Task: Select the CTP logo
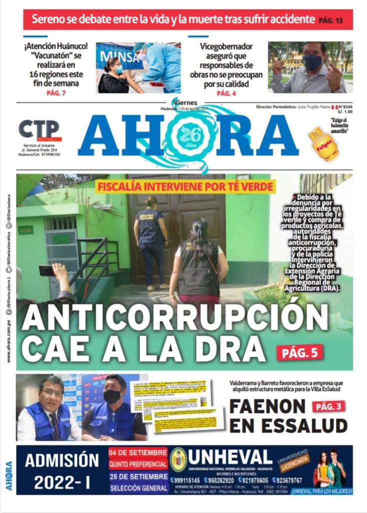pos(39,130)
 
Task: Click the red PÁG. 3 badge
pos(329,406)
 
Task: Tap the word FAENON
pos(267,407)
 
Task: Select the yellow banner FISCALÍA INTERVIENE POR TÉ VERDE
pos(186,187)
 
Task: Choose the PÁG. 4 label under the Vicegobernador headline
pos(226,93)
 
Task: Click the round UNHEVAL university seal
pos(178,459)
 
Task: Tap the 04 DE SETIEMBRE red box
pos(138,452)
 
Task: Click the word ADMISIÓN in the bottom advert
pos(62,460)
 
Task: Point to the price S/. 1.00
pos(344,113)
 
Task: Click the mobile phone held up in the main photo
pos(47,270)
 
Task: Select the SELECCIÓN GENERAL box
pos(138,487)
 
